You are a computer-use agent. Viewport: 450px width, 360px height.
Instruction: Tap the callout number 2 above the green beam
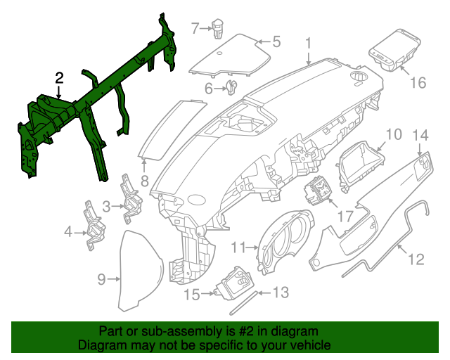60,77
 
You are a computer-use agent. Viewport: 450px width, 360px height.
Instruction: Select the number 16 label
418,83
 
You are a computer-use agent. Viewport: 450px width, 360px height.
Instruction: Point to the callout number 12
416,259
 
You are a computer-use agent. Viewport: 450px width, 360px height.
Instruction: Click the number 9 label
101,280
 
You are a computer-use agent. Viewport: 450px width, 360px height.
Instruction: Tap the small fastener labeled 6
230,87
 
